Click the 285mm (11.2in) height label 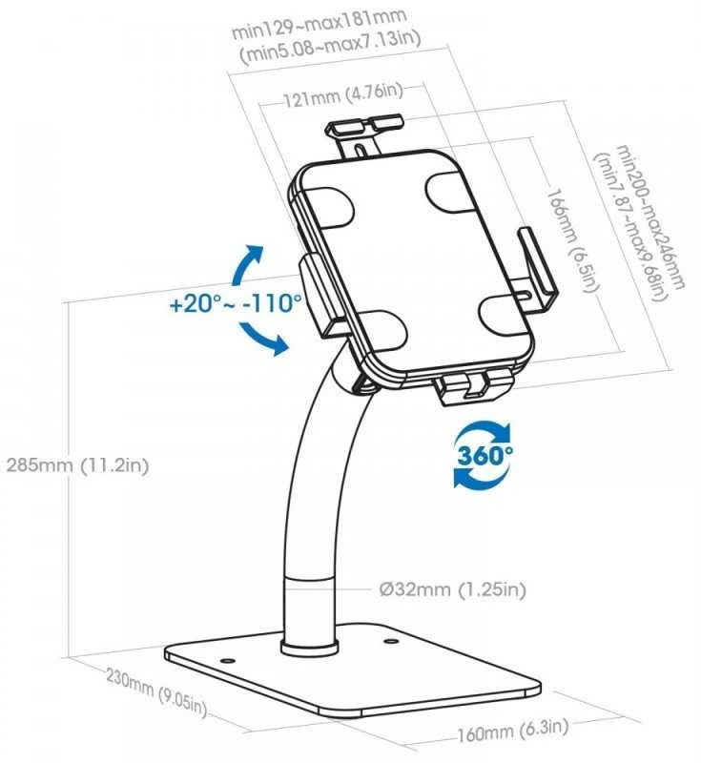[77, 465]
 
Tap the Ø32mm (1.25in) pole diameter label [452, 589]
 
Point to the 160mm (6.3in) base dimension [512, 731]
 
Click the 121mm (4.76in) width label [343, 94]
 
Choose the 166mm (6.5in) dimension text [570, 240]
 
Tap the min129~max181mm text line [319, 23]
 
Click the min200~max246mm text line [651, 217]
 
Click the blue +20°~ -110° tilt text [236, 303]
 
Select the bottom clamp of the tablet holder [474, 386]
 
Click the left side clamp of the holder [321, 295]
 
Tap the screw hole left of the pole [226, 661]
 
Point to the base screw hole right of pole [390, 641]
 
